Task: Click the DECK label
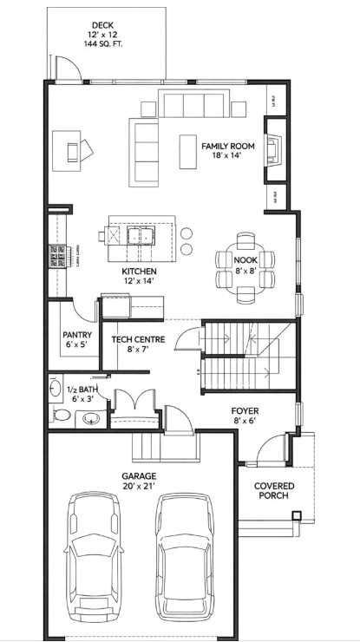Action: (x=102, y=25)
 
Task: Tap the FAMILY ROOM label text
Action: (x=227, y=147)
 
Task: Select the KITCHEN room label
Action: (x=139, y=272)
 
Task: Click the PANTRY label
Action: (x=77, y=334)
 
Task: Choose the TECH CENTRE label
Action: (x=133, y=339)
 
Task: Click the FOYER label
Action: (x=245, y=410)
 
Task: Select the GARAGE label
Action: (x=139, y=475)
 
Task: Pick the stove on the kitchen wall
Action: (x=58, y=258)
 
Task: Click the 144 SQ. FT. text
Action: (x=102, y=43)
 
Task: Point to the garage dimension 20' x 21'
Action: (x=139, y=487)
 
